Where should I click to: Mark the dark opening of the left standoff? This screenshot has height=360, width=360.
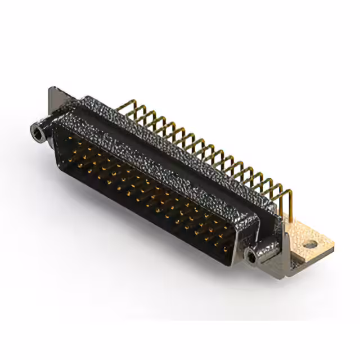coord(37,133)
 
